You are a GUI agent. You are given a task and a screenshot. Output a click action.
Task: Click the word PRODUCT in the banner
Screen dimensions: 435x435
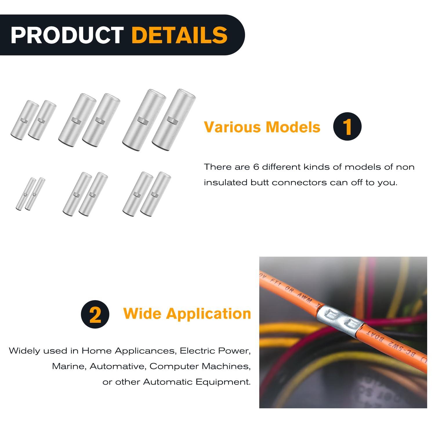coord(67,35)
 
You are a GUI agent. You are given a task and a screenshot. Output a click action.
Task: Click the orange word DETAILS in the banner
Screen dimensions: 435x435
coord(180,35)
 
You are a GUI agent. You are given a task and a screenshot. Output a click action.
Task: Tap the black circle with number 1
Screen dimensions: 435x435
coord(347,126)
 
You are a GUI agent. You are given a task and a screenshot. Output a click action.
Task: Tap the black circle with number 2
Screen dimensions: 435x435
coord(95,314)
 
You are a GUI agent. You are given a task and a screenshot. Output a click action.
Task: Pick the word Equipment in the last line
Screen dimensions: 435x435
coord(223,382)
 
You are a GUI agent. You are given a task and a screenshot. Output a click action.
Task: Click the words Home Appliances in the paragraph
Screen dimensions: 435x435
coord(129,351)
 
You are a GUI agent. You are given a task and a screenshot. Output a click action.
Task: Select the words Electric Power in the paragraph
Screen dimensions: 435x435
coord(215,351)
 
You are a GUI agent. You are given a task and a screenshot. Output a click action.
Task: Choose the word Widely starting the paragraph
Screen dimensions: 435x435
coord(24,351)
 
